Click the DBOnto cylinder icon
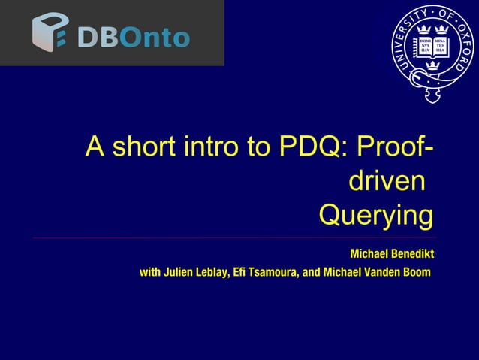click(x=50, y=33)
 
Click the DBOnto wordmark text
click(x=132, y=35)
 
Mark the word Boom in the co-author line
click(x=416, y=271)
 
